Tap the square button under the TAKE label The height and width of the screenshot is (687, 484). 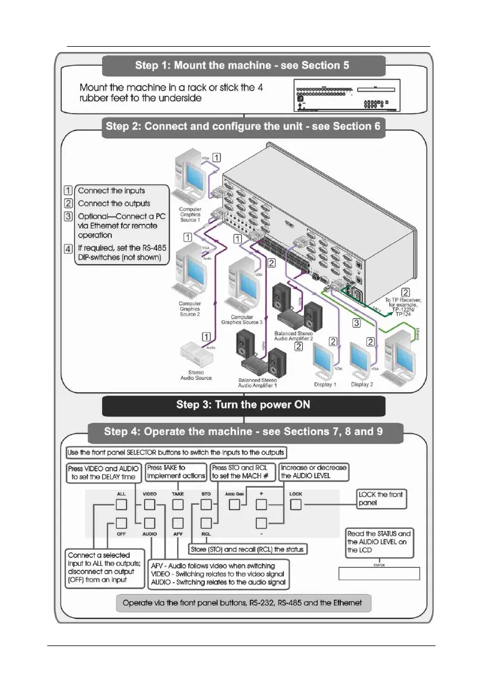click(178, 505)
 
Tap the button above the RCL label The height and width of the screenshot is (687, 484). click(206, 524)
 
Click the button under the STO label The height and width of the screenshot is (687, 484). click(206, 505)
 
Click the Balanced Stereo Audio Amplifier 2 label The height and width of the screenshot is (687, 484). click(297, 335)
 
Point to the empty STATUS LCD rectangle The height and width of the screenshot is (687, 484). click(378, 574)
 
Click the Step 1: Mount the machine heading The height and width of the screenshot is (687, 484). click(242, 65)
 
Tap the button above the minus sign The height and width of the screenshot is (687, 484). click(262, 524)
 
